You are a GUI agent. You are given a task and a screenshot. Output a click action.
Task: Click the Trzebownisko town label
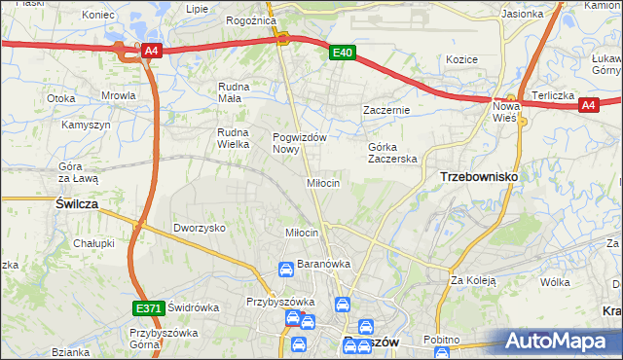479,177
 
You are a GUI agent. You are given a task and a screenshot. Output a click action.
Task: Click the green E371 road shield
148,308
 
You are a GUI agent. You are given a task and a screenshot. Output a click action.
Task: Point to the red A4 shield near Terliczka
587,106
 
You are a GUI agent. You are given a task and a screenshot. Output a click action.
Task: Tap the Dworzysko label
200,227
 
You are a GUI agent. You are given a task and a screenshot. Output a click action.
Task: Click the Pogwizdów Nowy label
299,143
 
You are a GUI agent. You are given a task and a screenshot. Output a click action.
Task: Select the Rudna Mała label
236,91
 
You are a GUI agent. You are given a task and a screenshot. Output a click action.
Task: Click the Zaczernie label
386,111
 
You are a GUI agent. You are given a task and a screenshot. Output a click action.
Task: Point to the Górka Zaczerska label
392,153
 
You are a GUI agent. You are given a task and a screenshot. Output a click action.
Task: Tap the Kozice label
461,59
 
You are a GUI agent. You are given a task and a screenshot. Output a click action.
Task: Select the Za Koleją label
473,280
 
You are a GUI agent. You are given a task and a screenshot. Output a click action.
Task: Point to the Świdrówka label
193,306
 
